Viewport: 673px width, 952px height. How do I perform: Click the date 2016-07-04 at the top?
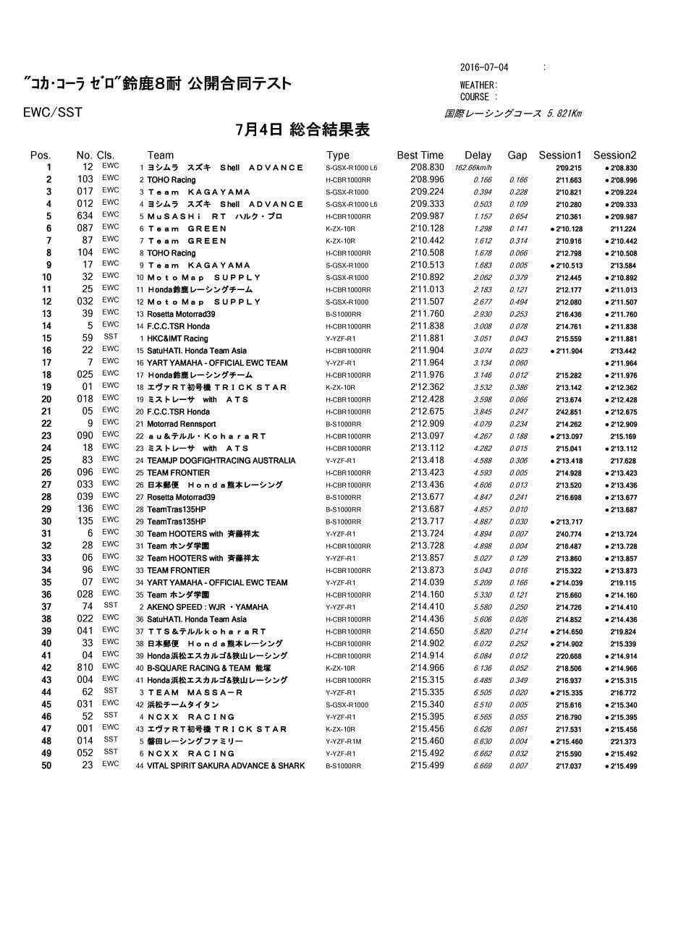point(484,67)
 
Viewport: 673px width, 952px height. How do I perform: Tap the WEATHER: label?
point(478,85)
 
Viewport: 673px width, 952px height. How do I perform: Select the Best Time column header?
point(420,155)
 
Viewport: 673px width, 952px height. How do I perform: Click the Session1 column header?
point(560,155)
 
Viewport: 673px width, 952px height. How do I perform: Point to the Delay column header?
point(478,155)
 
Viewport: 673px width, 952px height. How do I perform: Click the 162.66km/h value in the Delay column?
point(473,168)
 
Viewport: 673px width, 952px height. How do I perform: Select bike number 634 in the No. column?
point(85,216)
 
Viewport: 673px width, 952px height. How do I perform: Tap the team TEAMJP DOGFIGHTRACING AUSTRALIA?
point(221,461)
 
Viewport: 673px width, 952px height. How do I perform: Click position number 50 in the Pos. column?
point(46,765)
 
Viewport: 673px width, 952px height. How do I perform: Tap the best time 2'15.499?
point(427,765)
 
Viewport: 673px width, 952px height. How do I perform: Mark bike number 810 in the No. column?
point(85,668)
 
